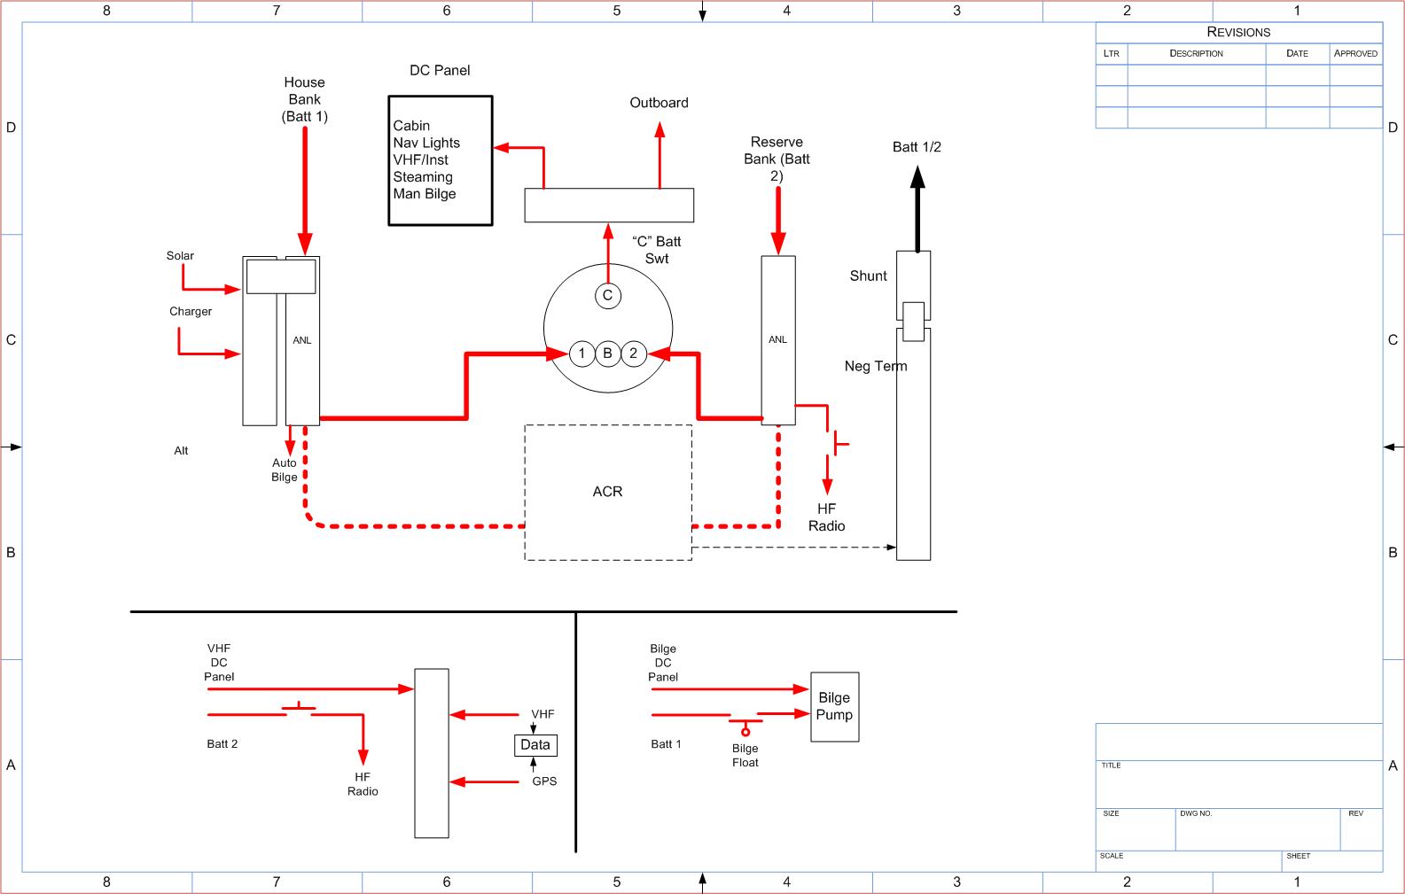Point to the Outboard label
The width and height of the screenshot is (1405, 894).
659,103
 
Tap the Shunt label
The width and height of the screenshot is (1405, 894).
868,276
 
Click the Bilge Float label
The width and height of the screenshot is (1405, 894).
745,756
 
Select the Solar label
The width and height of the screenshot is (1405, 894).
180,256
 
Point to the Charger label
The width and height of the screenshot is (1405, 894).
191,312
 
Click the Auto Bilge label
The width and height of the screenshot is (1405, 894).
285,470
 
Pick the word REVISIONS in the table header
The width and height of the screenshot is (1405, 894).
1238,32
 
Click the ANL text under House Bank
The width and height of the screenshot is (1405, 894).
301,340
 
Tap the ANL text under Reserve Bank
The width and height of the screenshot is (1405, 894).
777,340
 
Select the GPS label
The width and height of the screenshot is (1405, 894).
544,781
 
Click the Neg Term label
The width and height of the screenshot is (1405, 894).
876,366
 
